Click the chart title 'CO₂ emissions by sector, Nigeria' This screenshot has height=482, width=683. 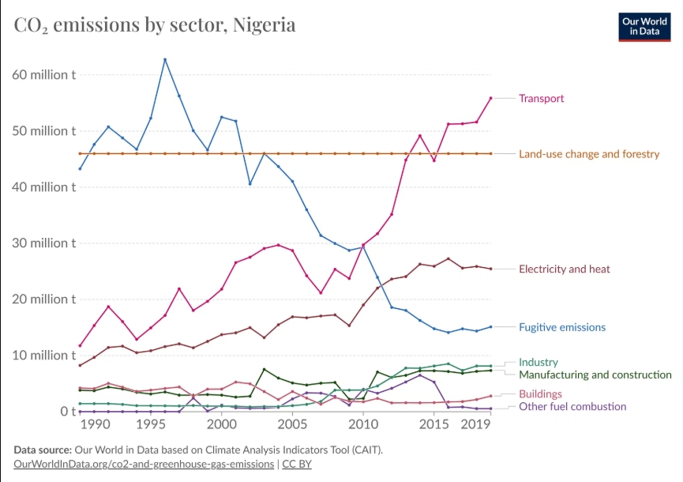155,24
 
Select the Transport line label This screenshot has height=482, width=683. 541,99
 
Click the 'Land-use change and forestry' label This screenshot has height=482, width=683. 588,154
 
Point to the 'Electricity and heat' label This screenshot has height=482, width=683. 564,269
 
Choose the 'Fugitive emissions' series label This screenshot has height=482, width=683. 561,327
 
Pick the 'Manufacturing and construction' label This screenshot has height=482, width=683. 595,375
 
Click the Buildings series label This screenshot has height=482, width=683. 540,394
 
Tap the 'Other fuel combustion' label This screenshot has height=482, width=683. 572,406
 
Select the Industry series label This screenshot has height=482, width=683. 538,363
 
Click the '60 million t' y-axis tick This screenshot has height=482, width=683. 44,75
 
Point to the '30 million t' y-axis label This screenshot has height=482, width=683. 44,243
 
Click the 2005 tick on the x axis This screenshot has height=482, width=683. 292,425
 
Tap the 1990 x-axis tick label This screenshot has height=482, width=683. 94,425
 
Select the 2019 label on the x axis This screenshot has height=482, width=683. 476,425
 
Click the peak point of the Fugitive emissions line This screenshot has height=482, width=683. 165,59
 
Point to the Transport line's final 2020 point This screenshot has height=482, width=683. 490,98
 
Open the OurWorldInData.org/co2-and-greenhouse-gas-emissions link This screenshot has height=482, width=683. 144,464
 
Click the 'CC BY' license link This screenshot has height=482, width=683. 297,464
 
